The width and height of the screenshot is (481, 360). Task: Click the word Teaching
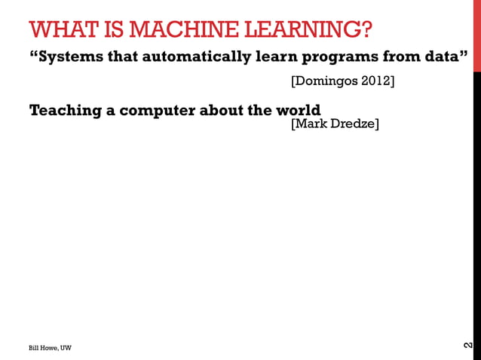point(65,110)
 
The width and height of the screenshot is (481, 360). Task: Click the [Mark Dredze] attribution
point(334,124)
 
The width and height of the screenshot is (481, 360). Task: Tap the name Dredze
point(352,124)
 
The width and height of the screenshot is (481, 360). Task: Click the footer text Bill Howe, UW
point(51,348)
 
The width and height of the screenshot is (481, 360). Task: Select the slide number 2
point(469,346)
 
